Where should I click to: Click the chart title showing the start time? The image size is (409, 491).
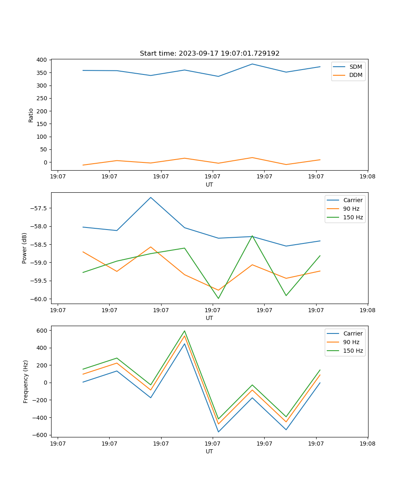tap(209, 54)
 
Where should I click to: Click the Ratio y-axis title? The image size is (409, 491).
tap(31, 115)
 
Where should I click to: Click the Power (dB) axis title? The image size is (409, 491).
tap(25, 248)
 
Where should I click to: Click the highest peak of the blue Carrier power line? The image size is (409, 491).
tap(151, 197)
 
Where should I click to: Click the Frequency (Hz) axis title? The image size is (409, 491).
tap(26, 381)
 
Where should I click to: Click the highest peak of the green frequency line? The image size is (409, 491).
tap(184, 331)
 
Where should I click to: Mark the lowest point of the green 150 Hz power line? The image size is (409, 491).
tap(218, 298)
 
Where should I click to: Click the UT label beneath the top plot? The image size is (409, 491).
tap(209, 185)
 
